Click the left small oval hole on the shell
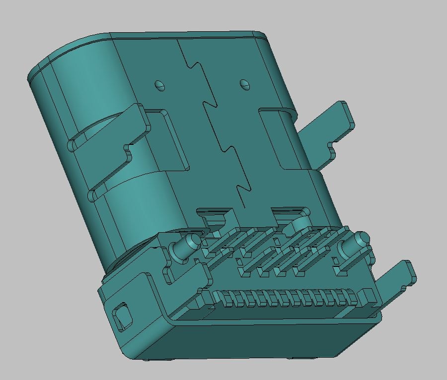pyautogui.click(x=159, y=85)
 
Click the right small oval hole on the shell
pyautogui.click(x=244, y=84)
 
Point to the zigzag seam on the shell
pyautogui.click(x=219, y=124)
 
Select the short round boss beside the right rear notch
pyautogui.click(x=299, y=224)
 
